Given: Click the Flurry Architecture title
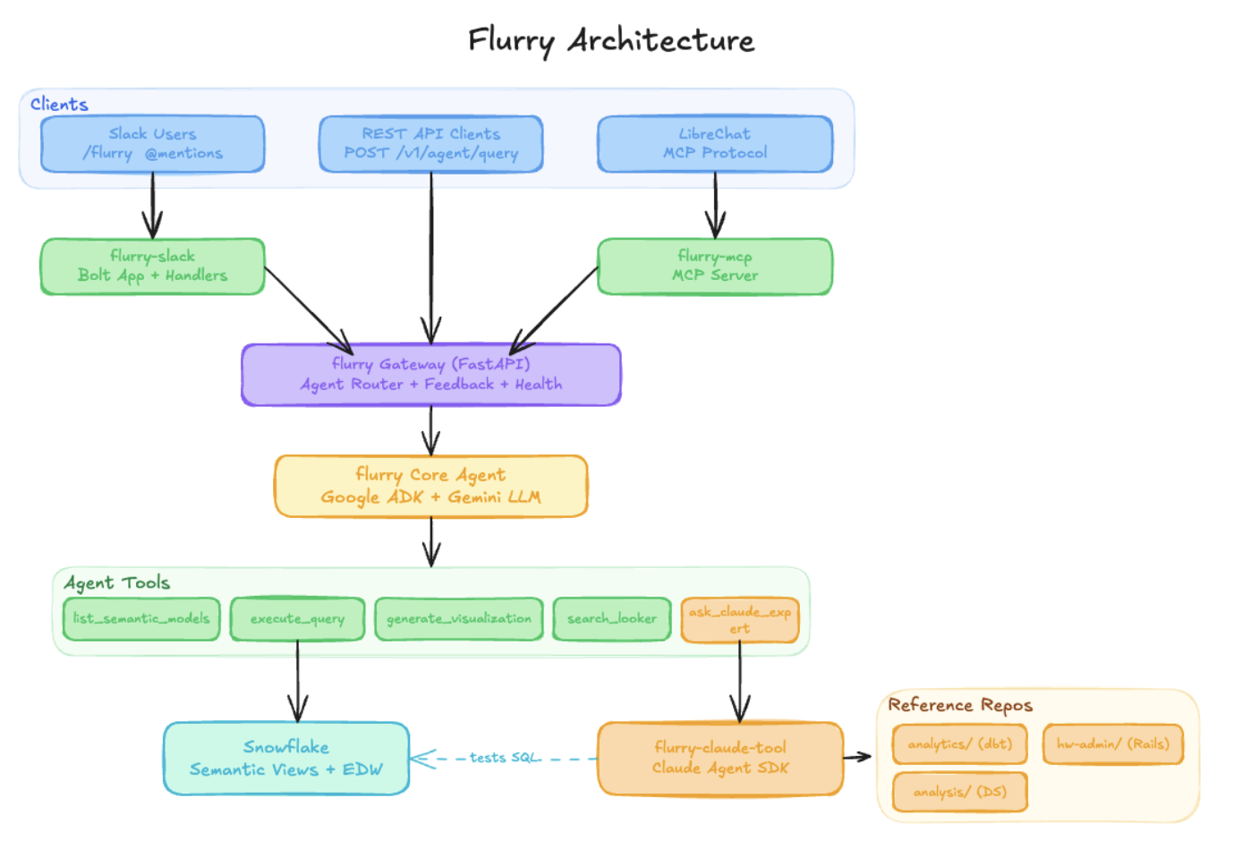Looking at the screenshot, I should [x=611, y=40].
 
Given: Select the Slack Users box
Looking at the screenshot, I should [x=152, y=144].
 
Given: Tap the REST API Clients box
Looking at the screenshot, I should [x=430, y=144].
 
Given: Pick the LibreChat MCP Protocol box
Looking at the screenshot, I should [x=715, y=144].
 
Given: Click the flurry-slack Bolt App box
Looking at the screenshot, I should [x=152, y=267].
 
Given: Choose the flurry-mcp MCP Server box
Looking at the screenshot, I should [x=715, y=267].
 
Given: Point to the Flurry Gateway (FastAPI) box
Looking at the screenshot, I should [x=430, y=375].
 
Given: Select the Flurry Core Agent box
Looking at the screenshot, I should [x=430, y=486].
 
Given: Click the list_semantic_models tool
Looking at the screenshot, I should [x=141, y=619].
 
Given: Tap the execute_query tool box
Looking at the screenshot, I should [x=297, y=619].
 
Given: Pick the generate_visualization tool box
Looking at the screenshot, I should [x=458, y=619].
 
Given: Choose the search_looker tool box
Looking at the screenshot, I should [x=612, y=619].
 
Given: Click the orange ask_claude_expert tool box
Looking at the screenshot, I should [x=740, y=620].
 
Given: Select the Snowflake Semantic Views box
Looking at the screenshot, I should [x=286, y=759].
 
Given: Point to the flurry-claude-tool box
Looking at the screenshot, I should [x=720, y=759].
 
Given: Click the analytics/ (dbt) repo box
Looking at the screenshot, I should [x=959, y=744].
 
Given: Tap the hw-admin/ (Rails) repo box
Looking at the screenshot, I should [x=1112, y=744].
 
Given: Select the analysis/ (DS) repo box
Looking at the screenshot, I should [x=959, y=792].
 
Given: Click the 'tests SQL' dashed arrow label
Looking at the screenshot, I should [x=505, y=758].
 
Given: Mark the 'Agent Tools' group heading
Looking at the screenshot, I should [x=117, y=583].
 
